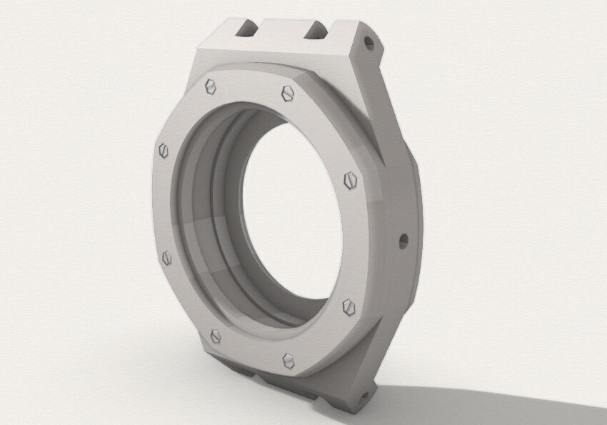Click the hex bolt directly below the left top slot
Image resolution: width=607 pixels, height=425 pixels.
click(x=211, y=86)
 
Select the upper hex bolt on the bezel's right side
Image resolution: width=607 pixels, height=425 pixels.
click(x=350, y=180)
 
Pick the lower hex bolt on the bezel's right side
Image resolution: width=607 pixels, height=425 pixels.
click(x=348, y=306)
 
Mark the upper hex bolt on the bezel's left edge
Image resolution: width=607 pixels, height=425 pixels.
click(x=164, y=150)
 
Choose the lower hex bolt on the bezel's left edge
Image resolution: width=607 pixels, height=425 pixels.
click(x=167, y=256)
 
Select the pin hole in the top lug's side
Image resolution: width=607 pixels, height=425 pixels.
click(x=368, y=44)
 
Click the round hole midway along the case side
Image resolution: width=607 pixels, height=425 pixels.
click(x=402, y=239)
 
